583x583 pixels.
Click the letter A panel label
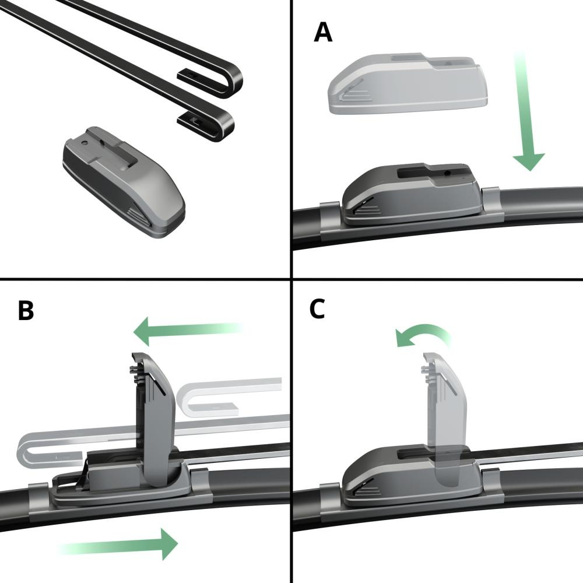(x=323, y=32)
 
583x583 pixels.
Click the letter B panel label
(x=26, y=311)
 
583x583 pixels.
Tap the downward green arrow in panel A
(x=527, y=111)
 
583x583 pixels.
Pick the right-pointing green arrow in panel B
(x=118, y=543)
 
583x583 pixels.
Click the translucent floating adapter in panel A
(x=408, y=83)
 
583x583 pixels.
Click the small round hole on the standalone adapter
(x=86, y=142)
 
